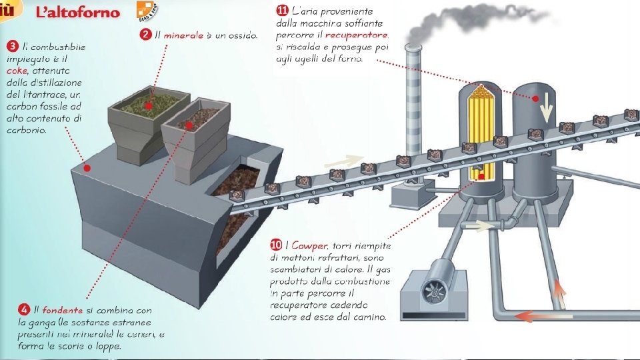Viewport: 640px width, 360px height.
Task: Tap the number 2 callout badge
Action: [145, 35]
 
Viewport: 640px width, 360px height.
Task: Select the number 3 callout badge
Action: [12, 46]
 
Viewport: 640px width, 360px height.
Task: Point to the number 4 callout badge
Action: [24, 310]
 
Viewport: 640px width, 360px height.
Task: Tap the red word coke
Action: [17, 71]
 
